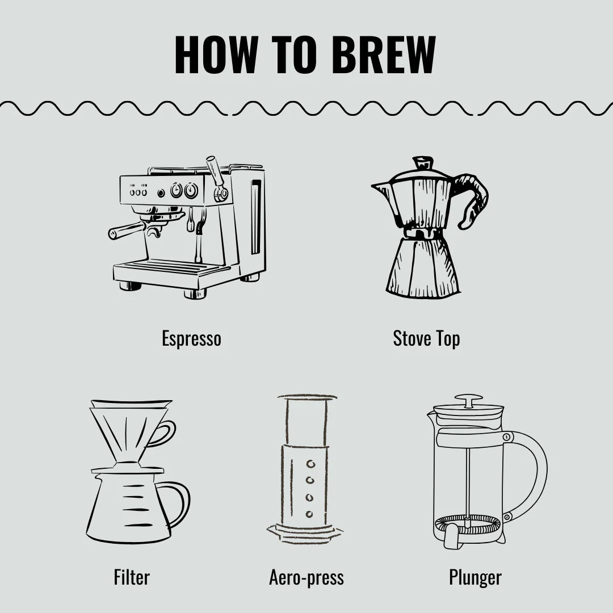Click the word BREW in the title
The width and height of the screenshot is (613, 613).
[383, 54]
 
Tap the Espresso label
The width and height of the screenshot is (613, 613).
[192, 339]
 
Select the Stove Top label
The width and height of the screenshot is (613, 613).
[426, 338]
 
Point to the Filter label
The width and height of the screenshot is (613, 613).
[132, 577]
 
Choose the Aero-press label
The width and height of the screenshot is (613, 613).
[306, 578]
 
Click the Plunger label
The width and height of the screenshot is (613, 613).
[475, 578]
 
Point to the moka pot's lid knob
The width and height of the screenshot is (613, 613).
[423, 162]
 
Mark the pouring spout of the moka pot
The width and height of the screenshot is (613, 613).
[381, 188]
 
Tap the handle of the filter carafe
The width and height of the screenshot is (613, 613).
[178, 505]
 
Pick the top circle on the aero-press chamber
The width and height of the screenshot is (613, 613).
[310, 464]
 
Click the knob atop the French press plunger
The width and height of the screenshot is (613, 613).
[469, 400]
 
